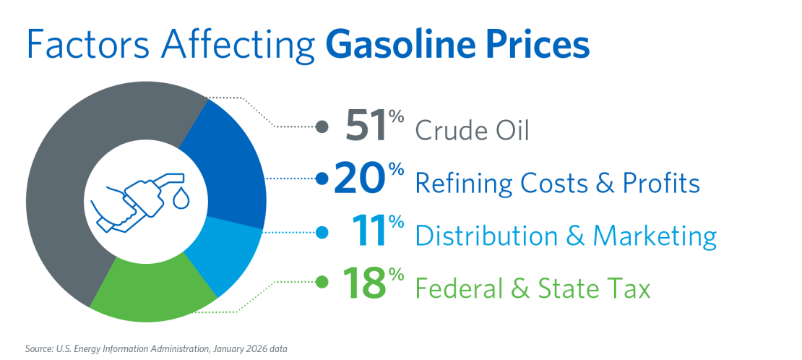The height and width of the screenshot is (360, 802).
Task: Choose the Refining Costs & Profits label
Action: (557, 184)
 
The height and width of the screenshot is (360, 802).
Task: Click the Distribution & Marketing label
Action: (566, 236)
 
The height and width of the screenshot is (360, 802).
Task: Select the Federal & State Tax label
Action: (532, 288)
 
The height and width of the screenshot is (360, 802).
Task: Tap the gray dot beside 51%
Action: (323, 127)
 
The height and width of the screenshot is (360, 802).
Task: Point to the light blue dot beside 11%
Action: (323, 232)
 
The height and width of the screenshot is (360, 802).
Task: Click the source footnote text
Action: (156, 349)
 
